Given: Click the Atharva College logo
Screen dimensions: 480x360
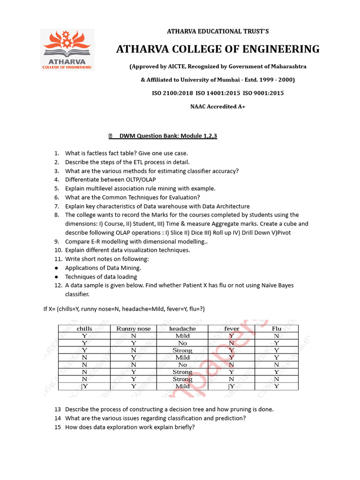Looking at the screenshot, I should pyautogui.click(x=67, y=50).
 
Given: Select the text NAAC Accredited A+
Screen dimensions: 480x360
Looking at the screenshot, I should pyautogui.click(x=217, y=106).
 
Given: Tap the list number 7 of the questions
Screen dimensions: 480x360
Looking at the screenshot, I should pyautogui.click(x=56, y=206).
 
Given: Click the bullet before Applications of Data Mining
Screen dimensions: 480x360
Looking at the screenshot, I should pyautogui.click(x=56, y=268).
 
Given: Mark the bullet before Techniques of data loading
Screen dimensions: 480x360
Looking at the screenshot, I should pyautogui.click(x=56, y=277).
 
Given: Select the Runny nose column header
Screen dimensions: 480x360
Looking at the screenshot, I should pyautogui.click(x=134, y=329).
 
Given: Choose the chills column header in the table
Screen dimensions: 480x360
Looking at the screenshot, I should pyautogui.click(x=84, y=329).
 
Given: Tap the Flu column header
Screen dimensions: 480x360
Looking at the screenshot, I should pyautogui.click(x=277, y=329).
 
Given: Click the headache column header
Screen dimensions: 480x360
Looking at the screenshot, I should pyautogui.click(x=182, y=329).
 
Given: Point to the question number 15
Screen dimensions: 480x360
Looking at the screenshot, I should pyautogui.click(x=57, y=427).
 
